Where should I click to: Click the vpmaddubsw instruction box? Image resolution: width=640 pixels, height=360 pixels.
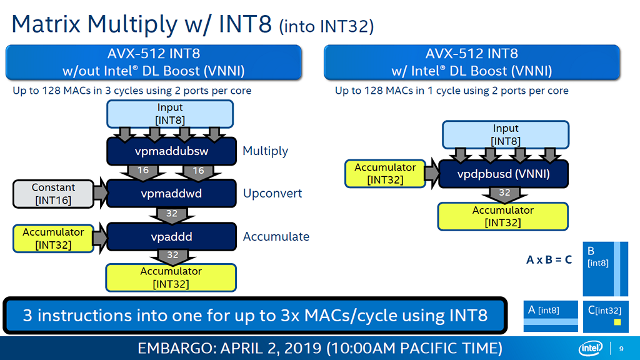tap(171, 151)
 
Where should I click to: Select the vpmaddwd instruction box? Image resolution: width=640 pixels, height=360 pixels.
tap(171, 194)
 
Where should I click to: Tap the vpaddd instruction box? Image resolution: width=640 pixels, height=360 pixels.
tap(171, 237)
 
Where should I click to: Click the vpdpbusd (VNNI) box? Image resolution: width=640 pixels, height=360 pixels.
tap(504, 174)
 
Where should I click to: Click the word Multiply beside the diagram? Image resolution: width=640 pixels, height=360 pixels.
tap(266, 151)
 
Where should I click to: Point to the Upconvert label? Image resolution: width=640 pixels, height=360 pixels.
tap(272, 194)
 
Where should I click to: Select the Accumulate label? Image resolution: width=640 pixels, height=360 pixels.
tap(276, 237)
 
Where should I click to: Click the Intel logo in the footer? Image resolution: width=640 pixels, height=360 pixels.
tap(589, 348)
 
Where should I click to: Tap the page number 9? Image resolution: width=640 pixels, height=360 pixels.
tap(621, 348)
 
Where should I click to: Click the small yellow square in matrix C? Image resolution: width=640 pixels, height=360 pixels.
tap(617, 322)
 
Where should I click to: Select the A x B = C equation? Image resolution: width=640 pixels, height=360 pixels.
tap(549, 259)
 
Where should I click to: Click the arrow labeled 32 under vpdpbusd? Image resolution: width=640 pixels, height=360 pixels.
tap(504, 194)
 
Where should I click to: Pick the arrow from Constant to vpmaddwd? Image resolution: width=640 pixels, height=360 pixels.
tap(100, 194)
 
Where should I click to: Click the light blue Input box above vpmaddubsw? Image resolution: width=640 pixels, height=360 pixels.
tap(171, 114)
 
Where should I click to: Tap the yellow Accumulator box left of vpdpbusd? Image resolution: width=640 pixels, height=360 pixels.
tap(384, 174)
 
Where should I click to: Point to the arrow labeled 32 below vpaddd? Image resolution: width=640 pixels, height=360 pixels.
tap(171, 256)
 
